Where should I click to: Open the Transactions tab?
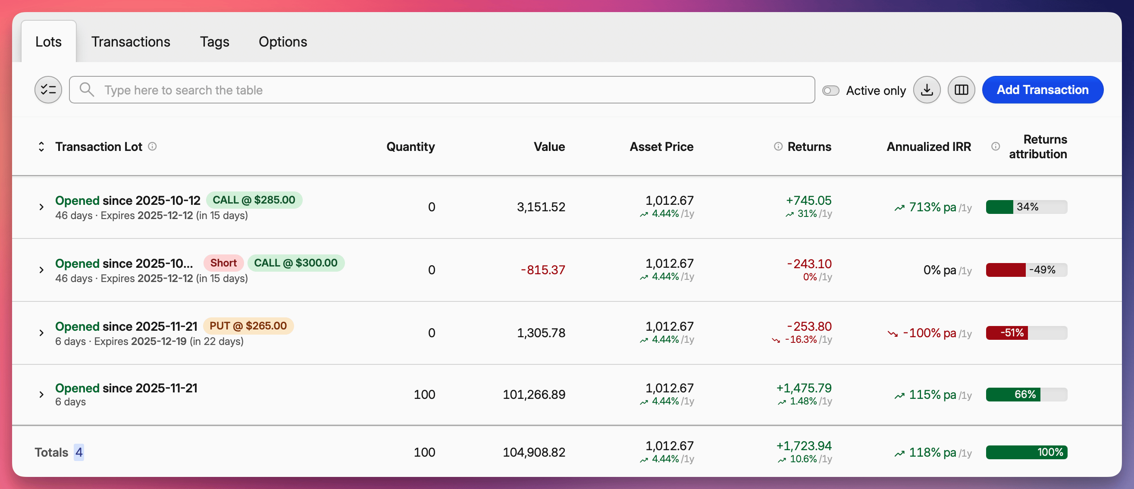[130, 42]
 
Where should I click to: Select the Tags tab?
[214, 42]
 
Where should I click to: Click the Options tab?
[282, 42]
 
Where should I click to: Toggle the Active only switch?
[831, 90]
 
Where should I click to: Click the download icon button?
[927, 90]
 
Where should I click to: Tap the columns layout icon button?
[961, 90]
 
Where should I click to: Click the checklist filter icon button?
[48, 90]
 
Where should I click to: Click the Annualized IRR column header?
[928, 147]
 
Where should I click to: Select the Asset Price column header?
[661, 147]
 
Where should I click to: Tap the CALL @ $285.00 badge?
[254, 200]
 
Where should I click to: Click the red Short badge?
[223, 263]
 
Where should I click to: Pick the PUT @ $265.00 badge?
[248, 326]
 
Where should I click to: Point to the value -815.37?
[542, 270]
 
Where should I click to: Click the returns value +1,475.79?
[803, 388]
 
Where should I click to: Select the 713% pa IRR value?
[932, 207]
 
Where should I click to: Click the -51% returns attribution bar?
[1026, 333]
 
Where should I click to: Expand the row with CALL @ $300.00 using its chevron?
[41, 270]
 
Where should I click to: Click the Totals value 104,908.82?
[533, 452]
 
